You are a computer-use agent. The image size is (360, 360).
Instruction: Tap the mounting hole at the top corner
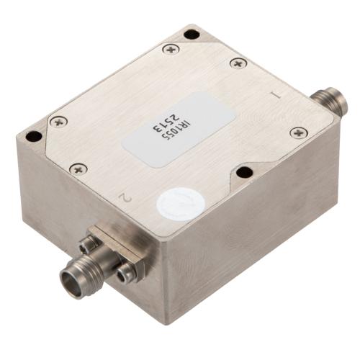click(x=191, y=34)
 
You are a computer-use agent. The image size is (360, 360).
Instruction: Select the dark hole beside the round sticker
click(x=245, y=172)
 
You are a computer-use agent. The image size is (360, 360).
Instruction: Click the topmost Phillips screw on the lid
click(x=171, y=49)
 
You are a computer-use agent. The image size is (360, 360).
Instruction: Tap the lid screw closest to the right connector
click(x=298, y=132)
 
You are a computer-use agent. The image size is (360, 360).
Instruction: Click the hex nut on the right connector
click(x=321, y=103)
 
